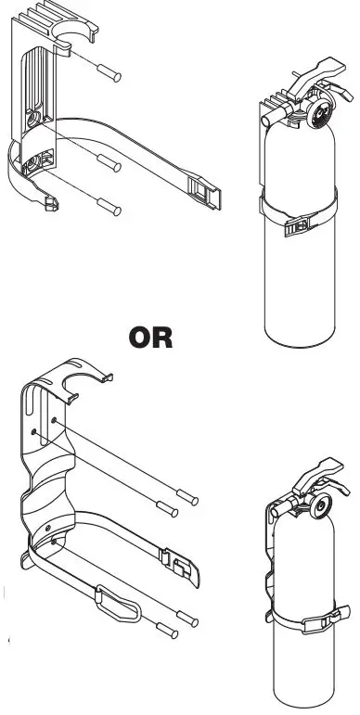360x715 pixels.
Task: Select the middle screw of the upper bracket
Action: pos(110,164)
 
